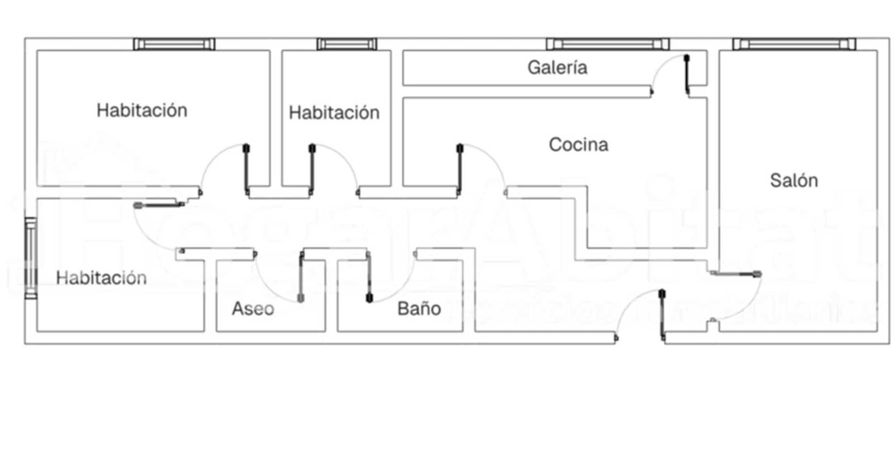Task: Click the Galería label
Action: [x=557, y=68]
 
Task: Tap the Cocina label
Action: [x=578, y=145]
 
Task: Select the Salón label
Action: [x=793, y=180]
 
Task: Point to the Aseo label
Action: [x=253, y=308]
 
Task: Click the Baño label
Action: [x=419, y=308]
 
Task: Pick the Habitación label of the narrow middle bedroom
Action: [x=334, y=113]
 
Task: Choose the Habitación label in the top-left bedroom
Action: [x=142, y=110]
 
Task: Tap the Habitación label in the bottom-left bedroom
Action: [x=101, y=278]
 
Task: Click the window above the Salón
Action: [x=794, y=44]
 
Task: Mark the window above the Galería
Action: [x=607, y=44]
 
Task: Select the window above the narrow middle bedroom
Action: [x=346, y=44]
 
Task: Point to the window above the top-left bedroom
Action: [x=174, y=44]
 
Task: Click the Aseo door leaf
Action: [x=302, y=277]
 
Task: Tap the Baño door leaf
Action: [x=369, y=277]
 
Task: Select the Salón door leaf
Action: [x=735, y=274]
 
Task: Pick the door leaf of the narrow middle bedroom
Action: [x=312, y=169]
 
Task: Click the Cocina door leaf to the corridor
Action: [x=460, y=169]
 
